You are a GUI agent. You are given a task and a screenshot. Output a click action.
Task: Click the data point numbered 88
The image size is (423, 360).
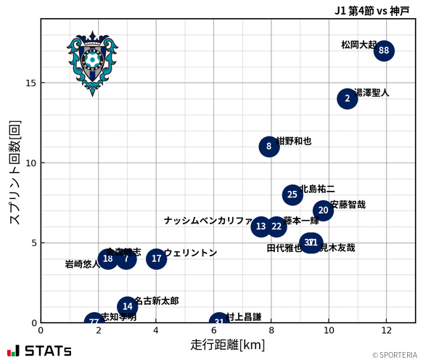385,51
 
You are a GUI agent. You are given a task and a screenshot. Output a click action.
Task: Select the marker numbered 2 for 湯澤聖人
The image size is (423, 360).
348,99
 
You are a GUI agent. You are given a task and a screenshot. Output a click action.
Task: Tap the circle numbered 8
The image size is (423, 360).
269,147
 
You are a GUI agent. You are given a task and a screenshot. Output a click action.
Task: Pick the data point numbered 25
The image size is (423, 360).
292,195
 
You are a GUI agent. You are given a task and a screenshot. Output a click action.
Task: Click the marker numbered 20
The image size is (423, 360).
323,210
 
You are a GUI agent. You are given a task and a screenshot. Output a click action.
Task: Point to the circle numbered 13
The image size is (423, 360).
261,226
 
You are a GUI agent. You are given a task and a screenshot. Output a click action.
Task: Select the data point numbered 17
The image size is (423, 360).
157,258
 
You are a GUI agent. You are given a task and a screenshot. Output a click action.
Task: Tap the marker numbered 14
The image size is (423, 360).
128,306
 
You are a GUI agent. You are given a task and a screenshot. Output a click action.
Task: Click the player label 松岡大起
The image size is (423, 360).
358,45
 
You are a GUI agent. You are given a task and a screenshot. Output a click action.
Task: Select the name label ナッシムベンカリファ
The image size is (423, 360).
208,221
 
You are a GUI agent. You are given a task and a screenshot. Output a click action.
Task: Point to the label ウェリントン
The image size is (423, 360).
190,253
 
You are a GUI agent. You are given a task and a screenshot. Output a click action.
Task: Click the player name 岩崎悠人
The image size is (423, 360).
82,264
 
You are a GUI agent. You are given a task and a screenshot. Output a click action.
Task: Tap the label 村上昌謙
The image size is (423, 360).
243,316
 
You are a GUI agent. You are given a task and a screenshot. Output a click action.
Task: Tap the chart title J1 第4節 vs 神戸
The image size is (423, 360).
371,10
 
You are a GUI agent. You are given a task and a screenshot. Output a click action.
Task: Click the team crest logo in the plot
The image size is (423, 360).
92,63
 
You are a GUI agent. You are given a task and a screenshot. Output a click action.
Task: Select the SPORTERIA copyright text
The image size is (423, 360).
395,355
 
